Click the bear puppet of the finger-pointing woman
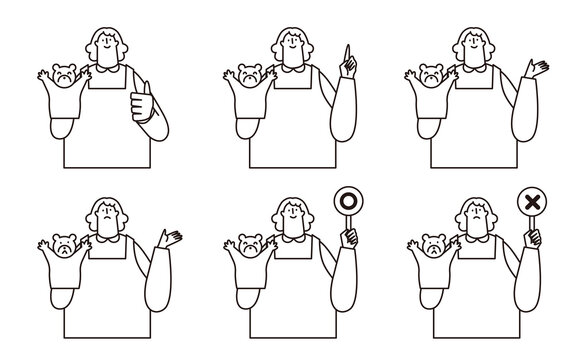(x=249, y=76)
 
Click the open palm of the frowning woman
(x=171, y=239)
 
